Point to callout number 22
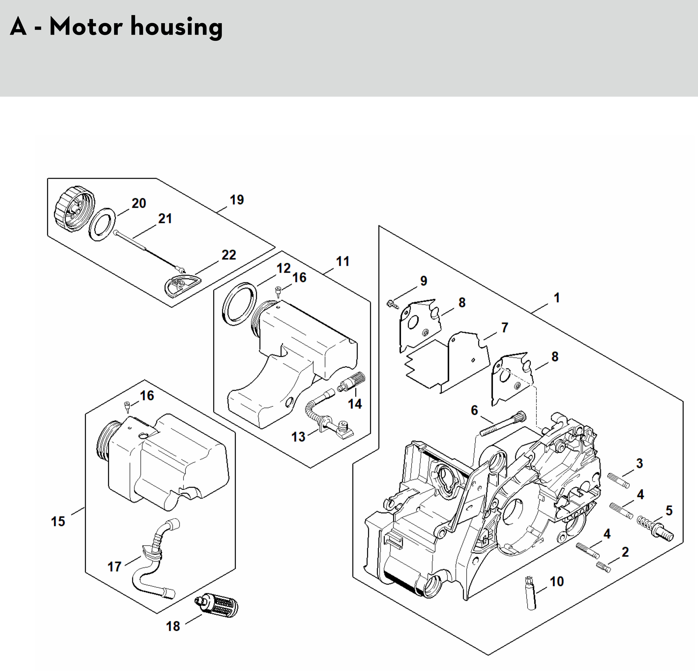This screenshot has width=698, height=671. [x=229, y=255]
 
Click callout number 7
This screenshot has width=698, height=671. [x=505, y=327]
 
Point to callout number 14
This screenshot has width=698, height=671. [x=355, y=404]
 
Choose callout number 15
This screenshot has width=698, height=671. [x=58, y=521]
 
